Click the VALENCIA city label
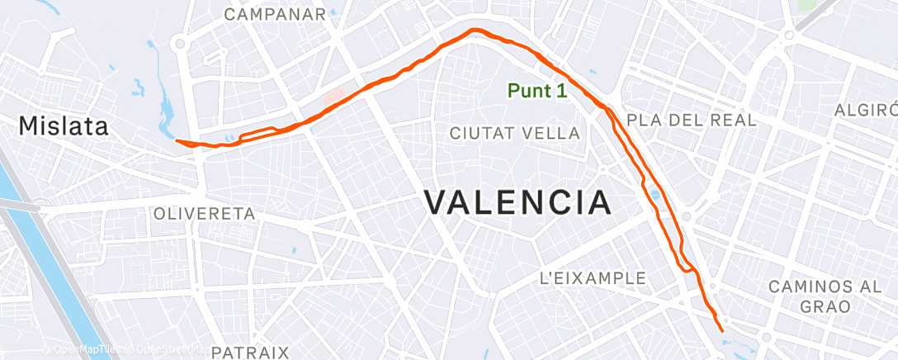pos(518,202)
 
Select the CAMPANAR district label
pos(275,15)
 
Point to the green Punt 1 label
pos(537,91)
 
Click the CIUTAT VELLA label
pos(514,133)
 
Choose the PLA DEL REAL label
pos(692,120)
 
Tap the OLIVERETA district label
pos(204,214)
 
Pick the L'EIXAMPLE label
pos(592,278)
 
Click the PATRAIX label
pos(249,352)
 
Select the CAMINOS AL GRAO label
pos(813,296)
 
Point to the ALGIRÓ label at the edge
pos(866,111)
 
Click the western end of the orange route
pos(177,140)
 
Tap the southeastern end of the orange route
pos(723,330)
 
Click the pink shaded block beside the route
pos(333,97)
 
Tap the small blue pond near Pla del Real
pos(655,196)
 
